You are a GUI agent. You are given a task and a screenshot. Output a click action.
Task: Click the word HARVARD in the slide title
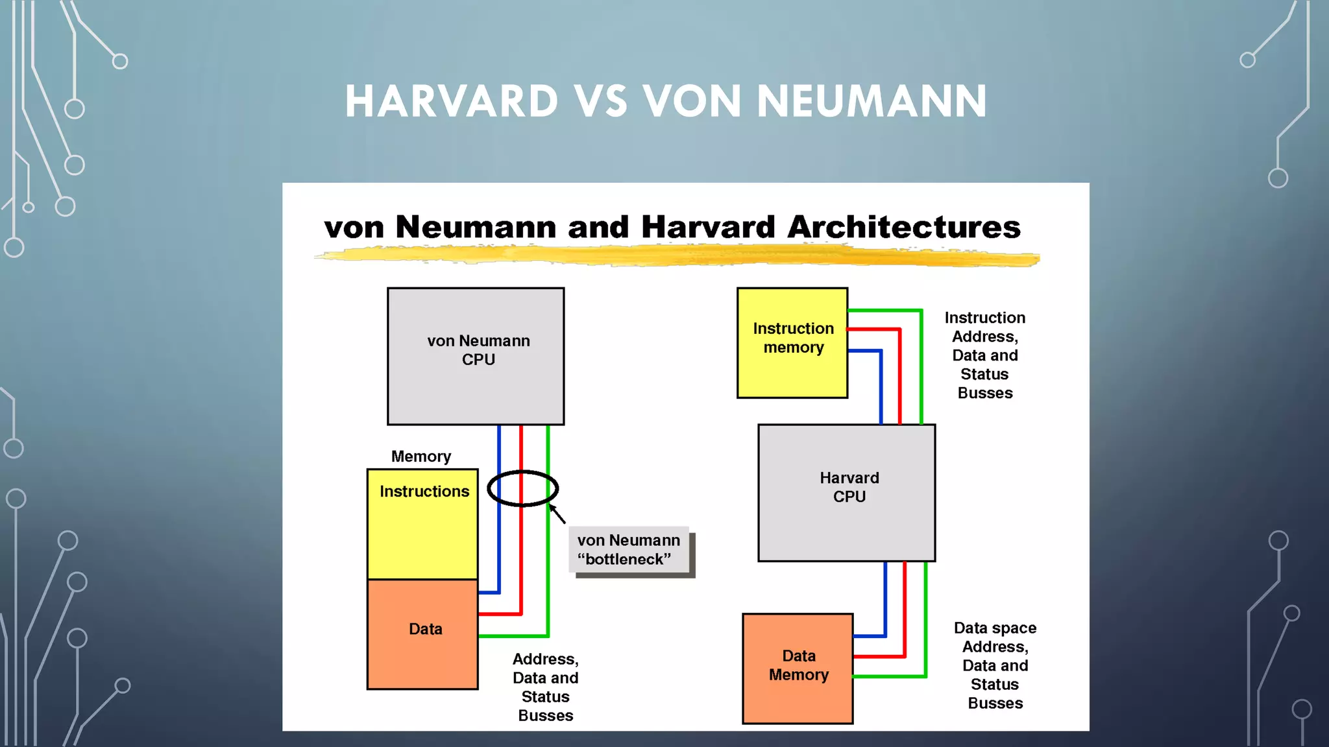(x=451, y=102)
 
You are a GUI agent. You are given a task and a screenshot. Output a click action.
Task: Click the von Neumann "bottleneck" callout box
(x=629, y=550)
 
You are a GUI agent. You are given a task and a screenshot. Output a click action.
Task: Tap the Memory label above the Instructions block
(x=421, y=456)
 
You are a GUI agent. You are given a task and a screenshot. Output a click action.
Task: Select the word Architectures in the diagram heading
(x=904, y=227)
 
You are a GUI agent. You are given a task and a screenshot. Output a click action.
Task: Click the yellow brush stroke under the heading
(x=675, y=257)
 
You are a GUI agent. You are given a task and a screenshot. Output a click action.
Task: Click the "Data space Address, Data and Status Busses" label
(x=995, y=665)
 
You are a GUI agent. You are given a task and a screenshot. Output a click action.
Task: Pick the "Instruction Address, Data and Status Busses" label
(x=984, y=355)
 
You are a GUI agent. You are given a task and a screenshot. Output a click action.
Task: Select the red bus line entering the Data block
(x=500, y=613)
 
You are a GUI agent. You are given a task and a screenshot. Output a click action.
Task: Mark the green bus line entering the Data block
(x=513, y=636)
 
